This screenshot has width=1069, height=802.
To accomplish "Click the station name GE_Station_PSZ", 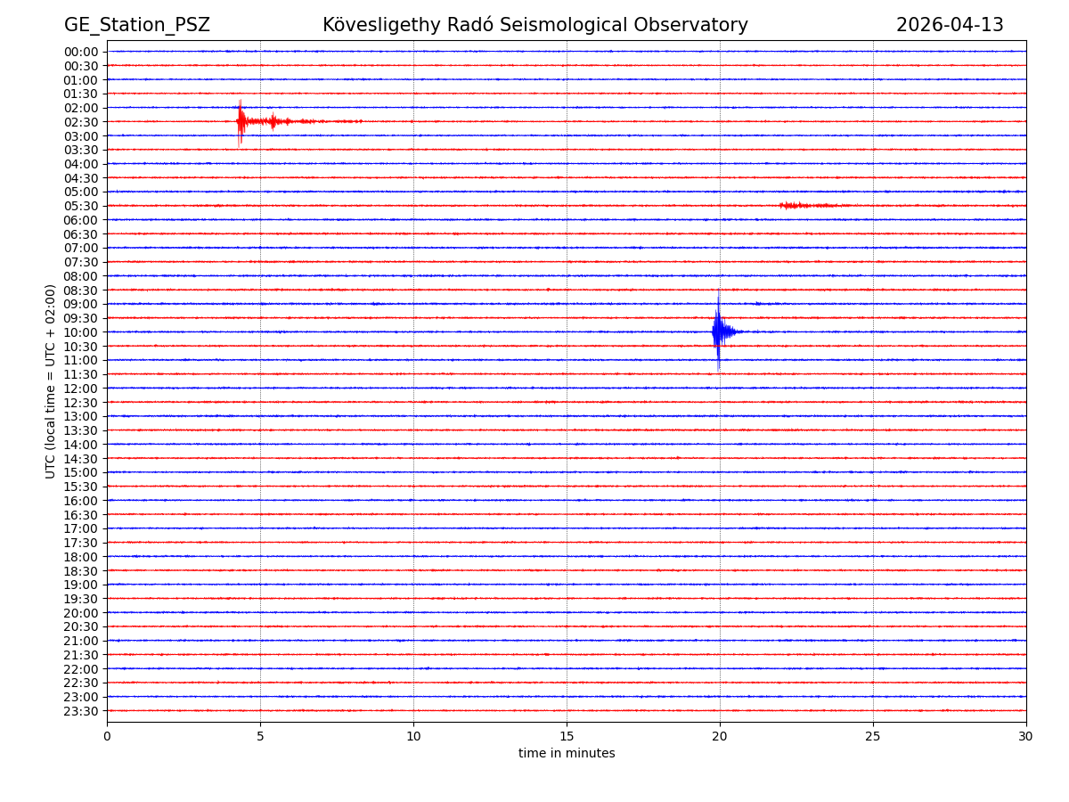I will pyautogui.click(x=136, y=26).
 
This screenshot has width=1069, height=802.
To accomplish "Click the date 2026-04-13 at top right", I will pyautogui.click(x=950, y=26).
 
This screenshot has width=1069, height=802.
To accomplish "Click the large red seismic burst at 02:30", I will pyautogui.click(x=241, y=121).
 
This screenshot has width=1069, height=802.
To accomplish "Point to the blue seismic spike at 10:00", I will pyautogui.click(x=718, y=331).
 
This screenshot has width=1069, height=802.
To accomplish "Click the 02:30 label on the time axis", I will pyautogui.click(x=81, y=122).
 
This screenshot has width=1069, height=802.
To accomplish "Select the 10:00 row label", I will pyautogui.click(x=81, y=332).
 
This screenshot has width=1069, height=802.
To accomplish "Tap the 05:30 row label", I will pyautogui.click(x=81, y=206).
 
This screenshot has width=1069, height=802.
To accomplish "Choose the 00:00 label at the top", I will pyautogui.click(x=81, y=52).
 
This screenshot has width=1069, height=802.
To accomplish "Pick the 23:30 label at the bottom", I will pyautogui.click(x=81, y=711).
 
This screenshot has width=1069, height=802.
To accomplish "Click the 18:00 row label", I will pyautogui.click(x=81, y=557).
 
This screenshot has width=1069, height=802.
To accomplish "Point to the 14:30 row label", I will pyautogui.click(x=81, y=459).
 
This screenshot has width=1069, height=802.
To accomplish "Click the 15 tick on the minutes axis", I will pyautogui.click(x=567, y=736).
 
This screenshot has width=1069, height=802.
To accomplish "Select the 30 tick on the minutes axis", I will pyautogui.click(x=1026, y=736).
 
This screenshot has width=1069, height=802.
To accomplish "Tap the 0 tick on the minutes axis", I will pyautogui.click(x=107, y=736).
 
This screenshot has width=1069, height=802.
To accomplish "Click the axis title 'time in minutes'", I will pyautogui.click(x=567, y=754).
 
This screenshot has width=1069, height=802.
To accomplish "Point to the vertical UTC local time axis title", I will pyautogui.click(x=51, y=381).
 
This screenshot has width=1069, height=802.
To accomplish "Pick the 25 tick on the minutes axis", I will pyautogui.click(x=873, y=736).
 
